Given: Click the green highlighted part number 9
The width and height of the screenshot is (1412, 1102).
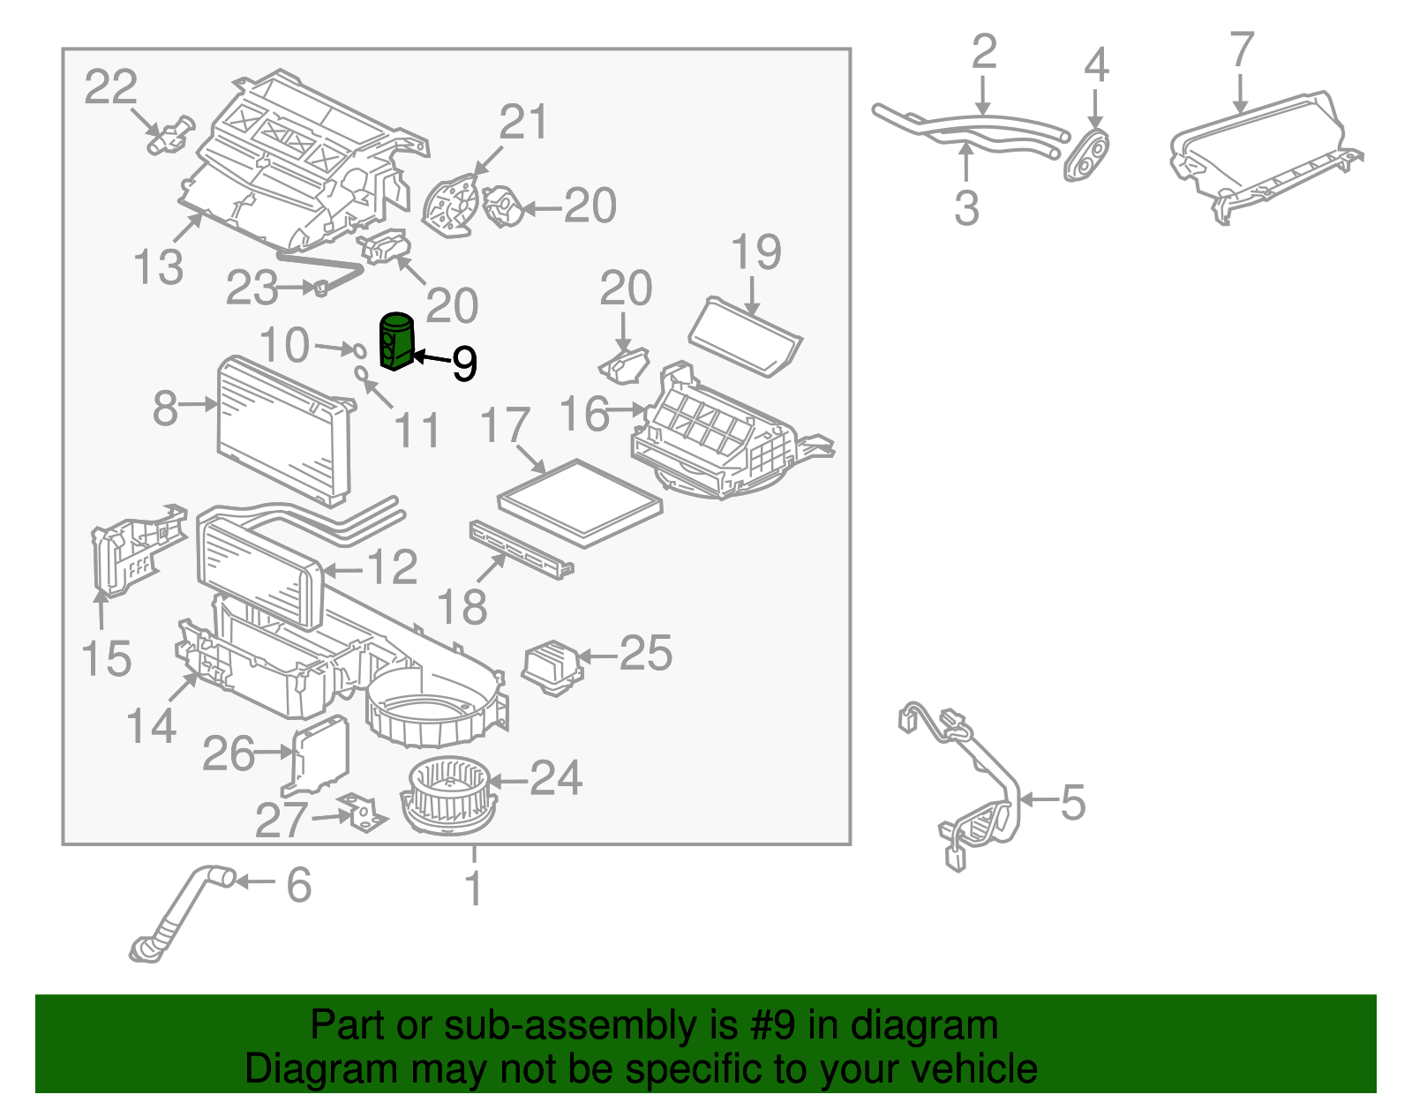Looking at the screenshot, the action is click(x=395, y=341).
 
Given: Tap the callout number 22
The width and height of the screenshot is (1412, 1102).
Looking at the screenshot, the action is click(x=111, y=87).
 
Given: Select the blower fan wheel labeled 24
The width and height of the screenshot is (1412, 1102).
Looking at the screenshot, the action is click(x=448, y=797).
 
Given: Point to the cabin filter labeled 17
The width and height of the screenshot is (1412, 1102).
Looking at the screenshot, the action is click(x=581, y=504).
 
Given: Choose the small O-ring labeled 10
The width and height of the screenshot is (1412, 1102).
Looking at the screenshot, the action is click(x=358, y=350).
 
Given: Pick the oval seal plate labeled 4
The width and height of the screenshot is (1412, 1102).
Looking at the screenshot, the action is click(x=1085, y=156).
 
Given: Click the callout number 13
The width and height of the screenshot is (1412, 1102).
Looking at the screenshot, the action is click(x=158, y=266).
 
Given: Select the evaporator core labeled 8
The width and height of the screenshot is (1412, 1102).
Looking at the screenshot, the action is click(x=285, y=429).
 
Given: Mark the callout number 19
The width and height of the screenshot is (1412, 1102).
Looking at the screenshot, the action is click(x=755, y=252).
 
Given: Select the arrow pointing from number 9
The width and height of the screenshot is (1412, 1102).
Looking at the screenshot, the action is click(x=432, y=357).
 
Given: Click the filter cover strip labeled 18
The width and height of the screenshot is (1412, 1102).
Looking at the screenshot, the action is click(x=521, y=550).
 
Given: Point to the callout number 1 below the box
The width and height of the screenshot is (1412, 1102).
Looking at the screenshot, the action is click(x=474, y=888).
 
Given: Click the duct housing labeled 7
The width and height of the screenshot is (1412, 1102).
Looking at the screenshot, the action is click(x=1264, y=158).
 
